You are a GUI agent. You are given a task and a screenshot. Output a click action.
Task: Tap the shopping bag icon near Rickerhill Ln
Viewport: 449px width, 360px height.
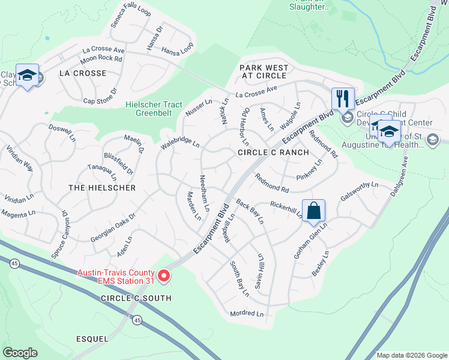click(313, 211)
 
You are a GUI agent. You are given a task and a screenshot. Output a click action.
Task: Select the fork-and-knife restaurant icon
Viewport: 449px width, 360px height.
click(343, 98)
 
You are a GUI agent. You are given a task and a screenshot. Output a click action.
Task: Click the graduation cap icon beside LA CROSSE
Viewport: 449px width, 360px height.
click(27, 76)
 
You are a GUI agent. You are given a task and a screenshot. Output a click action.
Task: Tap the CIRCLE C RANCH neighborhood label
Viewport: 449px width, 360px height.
click(273, 153)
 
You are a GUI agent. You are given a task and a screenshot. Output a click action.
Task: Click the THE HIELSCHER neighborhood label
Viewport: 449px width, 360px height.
click(102, 188)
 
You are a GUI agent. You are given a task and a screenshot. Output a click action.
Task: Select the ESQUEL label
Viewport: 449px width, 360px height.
click(92, 339)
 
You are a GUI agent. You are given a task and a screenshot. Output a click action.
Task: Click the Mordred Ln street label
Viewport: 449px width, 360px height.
click(247, 314)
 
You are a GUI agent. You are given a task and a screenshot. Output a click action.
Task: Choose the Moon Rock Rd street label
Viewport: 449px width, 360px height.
click(101, 59)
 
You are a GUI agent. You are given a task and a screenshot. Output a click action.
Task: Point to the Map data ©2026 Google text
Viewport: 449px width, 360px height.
click(411, 355)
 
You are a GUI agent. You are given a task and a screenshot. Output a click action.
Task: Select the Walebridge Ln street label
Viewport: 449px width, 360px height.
click(179, 145)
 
